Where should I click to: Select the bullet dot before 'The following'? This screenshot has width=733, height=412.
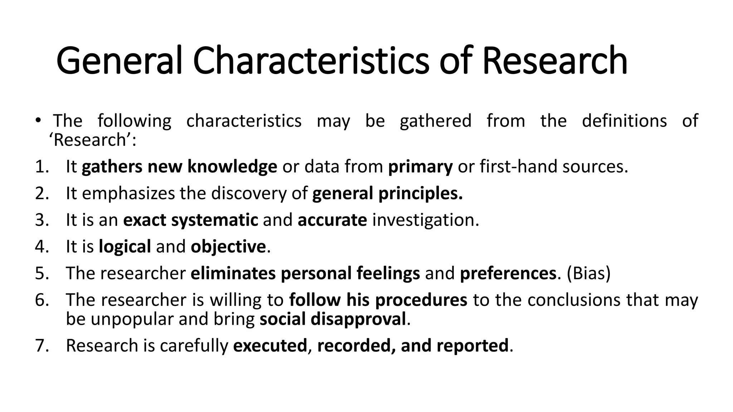pos(38,121)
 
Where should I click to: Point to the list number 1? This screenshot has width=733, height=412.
pos(42,167)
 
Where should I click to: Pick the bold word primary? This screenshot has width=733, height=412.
pos(420,167)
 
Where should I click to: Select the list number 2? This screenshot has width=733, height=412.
pos(42,193)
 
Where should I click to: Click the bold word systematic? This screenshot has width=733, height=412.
pos(214,220)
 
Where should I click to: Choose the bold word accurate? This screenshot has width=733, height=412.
pos(332,220)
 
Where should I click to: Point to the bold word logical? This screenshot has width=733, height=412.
pos(125,246)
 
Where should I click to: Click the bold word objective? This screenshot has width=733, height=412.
pos(228,246)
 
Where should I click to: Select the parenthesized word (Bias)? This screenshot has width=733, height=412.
pos(588,273)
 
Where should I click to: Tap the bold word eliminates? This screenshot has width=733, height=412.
pos(233,273)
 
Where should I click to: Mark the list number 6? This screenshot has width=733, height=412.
pos(42,300)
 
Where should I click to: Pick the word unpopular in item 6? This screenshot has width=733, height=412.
pos(132,319)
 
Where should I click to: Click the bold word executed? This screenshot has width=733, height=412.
pos(270,345)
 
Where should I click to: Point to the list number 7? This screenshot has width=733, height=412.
pos(42,345)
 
